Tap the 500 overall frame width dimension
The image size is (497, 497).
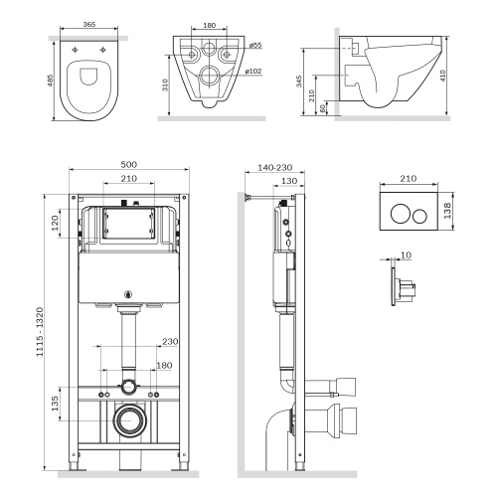click(x=128, y=164)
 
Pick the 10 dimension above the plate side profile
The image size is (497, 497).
click(x=405, y=254)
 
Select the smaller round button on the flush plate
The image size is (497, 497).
click(x=421, y=212)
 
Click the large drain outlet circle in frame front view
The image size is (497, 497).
click(x=128, y=420)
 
